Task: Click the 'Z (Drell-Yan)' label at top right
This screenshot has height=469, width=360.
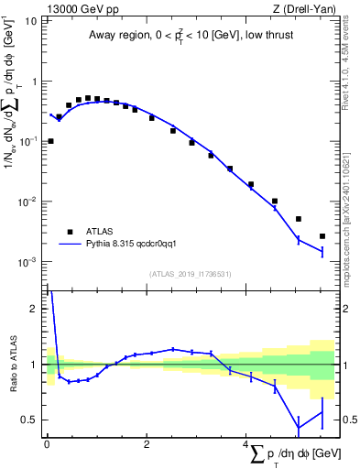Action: pos(305,8)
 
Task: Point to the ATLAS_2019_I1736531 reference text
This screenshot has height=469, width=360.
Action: pos(191,274)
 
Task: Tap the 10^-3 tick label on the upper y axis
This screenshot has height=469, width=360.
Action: pos(27,262)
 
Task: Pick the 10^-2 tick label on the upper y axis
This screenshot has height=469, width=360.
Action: pos(27,202)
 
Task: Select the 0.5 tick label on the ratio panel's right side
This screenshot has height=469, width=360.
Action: pos(349,420)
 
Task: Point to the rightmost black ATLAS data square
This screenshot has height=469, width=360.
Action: pos(322,236)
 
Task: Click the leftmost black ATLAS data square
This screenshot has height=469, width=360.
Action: pos(50,141)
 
